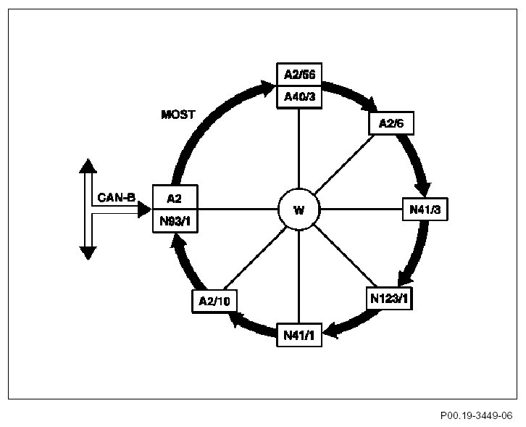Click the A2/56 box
[299, 74]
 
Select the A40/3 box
[299, 96]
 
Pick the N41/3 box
[425, 210]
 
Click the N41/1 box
[299, 334]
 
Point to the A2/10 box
[213, 300]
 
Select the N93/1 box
[174, 220]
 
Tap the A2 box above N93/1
[174, 198]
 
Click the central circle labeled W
[299, 210]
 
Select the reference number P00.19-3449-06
[475, 415]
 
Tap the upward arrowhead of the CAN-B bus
[88, 165]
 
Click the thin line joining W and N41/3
[360, 210]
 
